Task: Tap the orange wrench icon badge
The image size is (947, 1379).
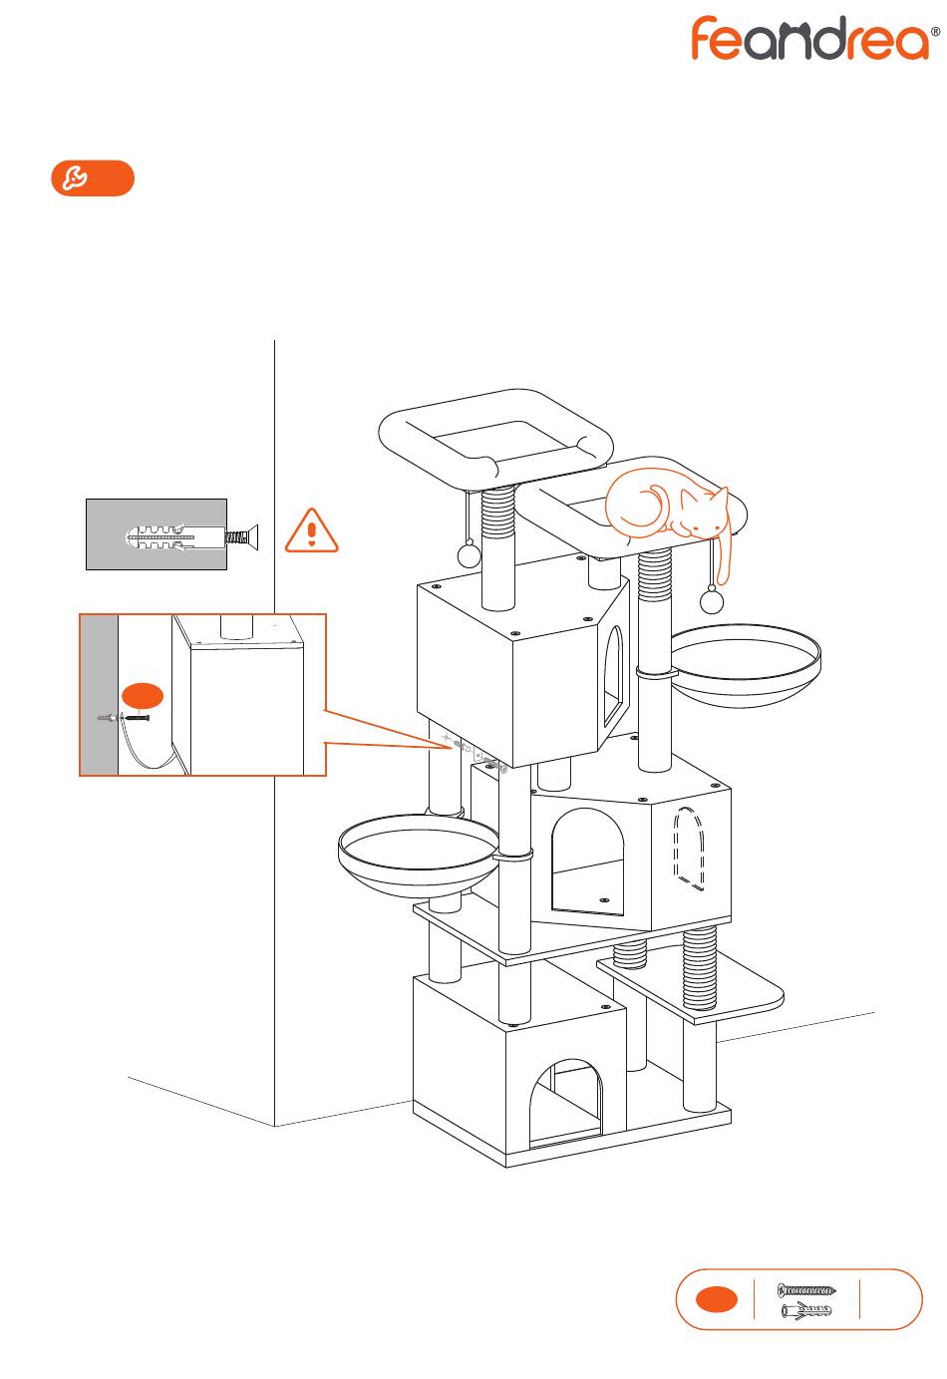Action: [93, 178]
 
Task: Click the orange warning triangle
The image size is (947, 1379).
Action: [311, 530]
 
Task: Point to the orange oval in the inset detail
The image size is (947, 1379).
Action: [143, 696]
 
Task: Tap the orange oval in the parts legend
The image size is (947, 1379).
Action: [717, 1299]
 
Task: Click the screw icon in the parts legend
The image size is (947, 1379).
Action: [806, 1289]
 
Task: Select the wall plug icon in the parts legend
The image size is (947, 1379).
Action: [806, 1309]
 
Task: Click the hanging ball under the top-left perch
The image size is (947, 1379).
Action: [469, 555]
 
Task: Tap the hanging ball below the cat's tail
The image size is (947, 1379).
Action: [712, 600]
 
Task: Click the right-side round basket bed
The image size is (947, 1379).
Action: [746, 665]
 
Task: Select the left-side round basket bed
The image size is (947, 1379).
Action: [419, 856]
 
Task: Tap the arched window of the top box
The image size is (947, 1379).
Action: [613, 677]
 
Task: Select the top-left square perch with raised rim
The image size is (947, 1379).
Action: [496, 440]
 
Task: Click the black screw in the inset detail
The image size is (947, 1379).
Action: [138, 718]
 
